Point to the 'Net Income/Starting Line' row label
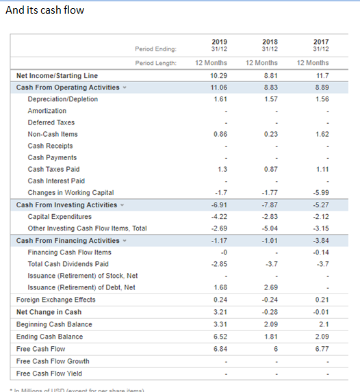coord(57,75)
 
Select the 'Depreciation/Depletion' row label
coord(62,99)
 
